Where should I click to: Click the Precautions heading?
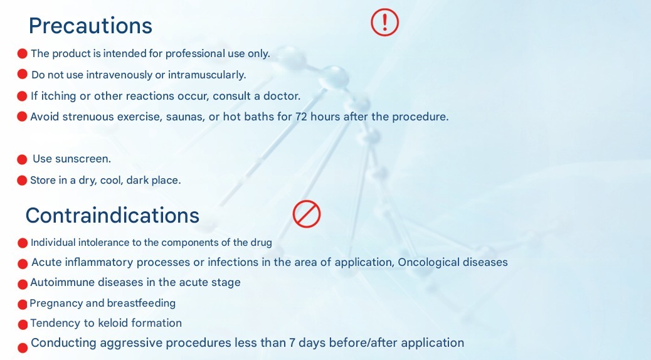tap(90, 25)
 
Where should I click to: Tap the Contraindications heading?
tap(112, 215)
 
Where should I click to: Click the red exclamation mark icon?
tap(384, 22)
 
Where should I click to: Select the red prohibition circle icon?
tap(307, 214)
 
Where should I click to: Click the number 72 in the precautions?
tap(302, 116)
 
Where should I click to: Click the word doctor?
tap(282, 96)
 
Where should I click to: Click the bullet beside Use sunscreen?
tap(22, 159)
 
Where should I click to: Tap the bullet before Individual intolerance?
tap(23, 243)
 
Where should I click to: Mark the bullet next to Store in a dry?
tap(22, 181)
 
